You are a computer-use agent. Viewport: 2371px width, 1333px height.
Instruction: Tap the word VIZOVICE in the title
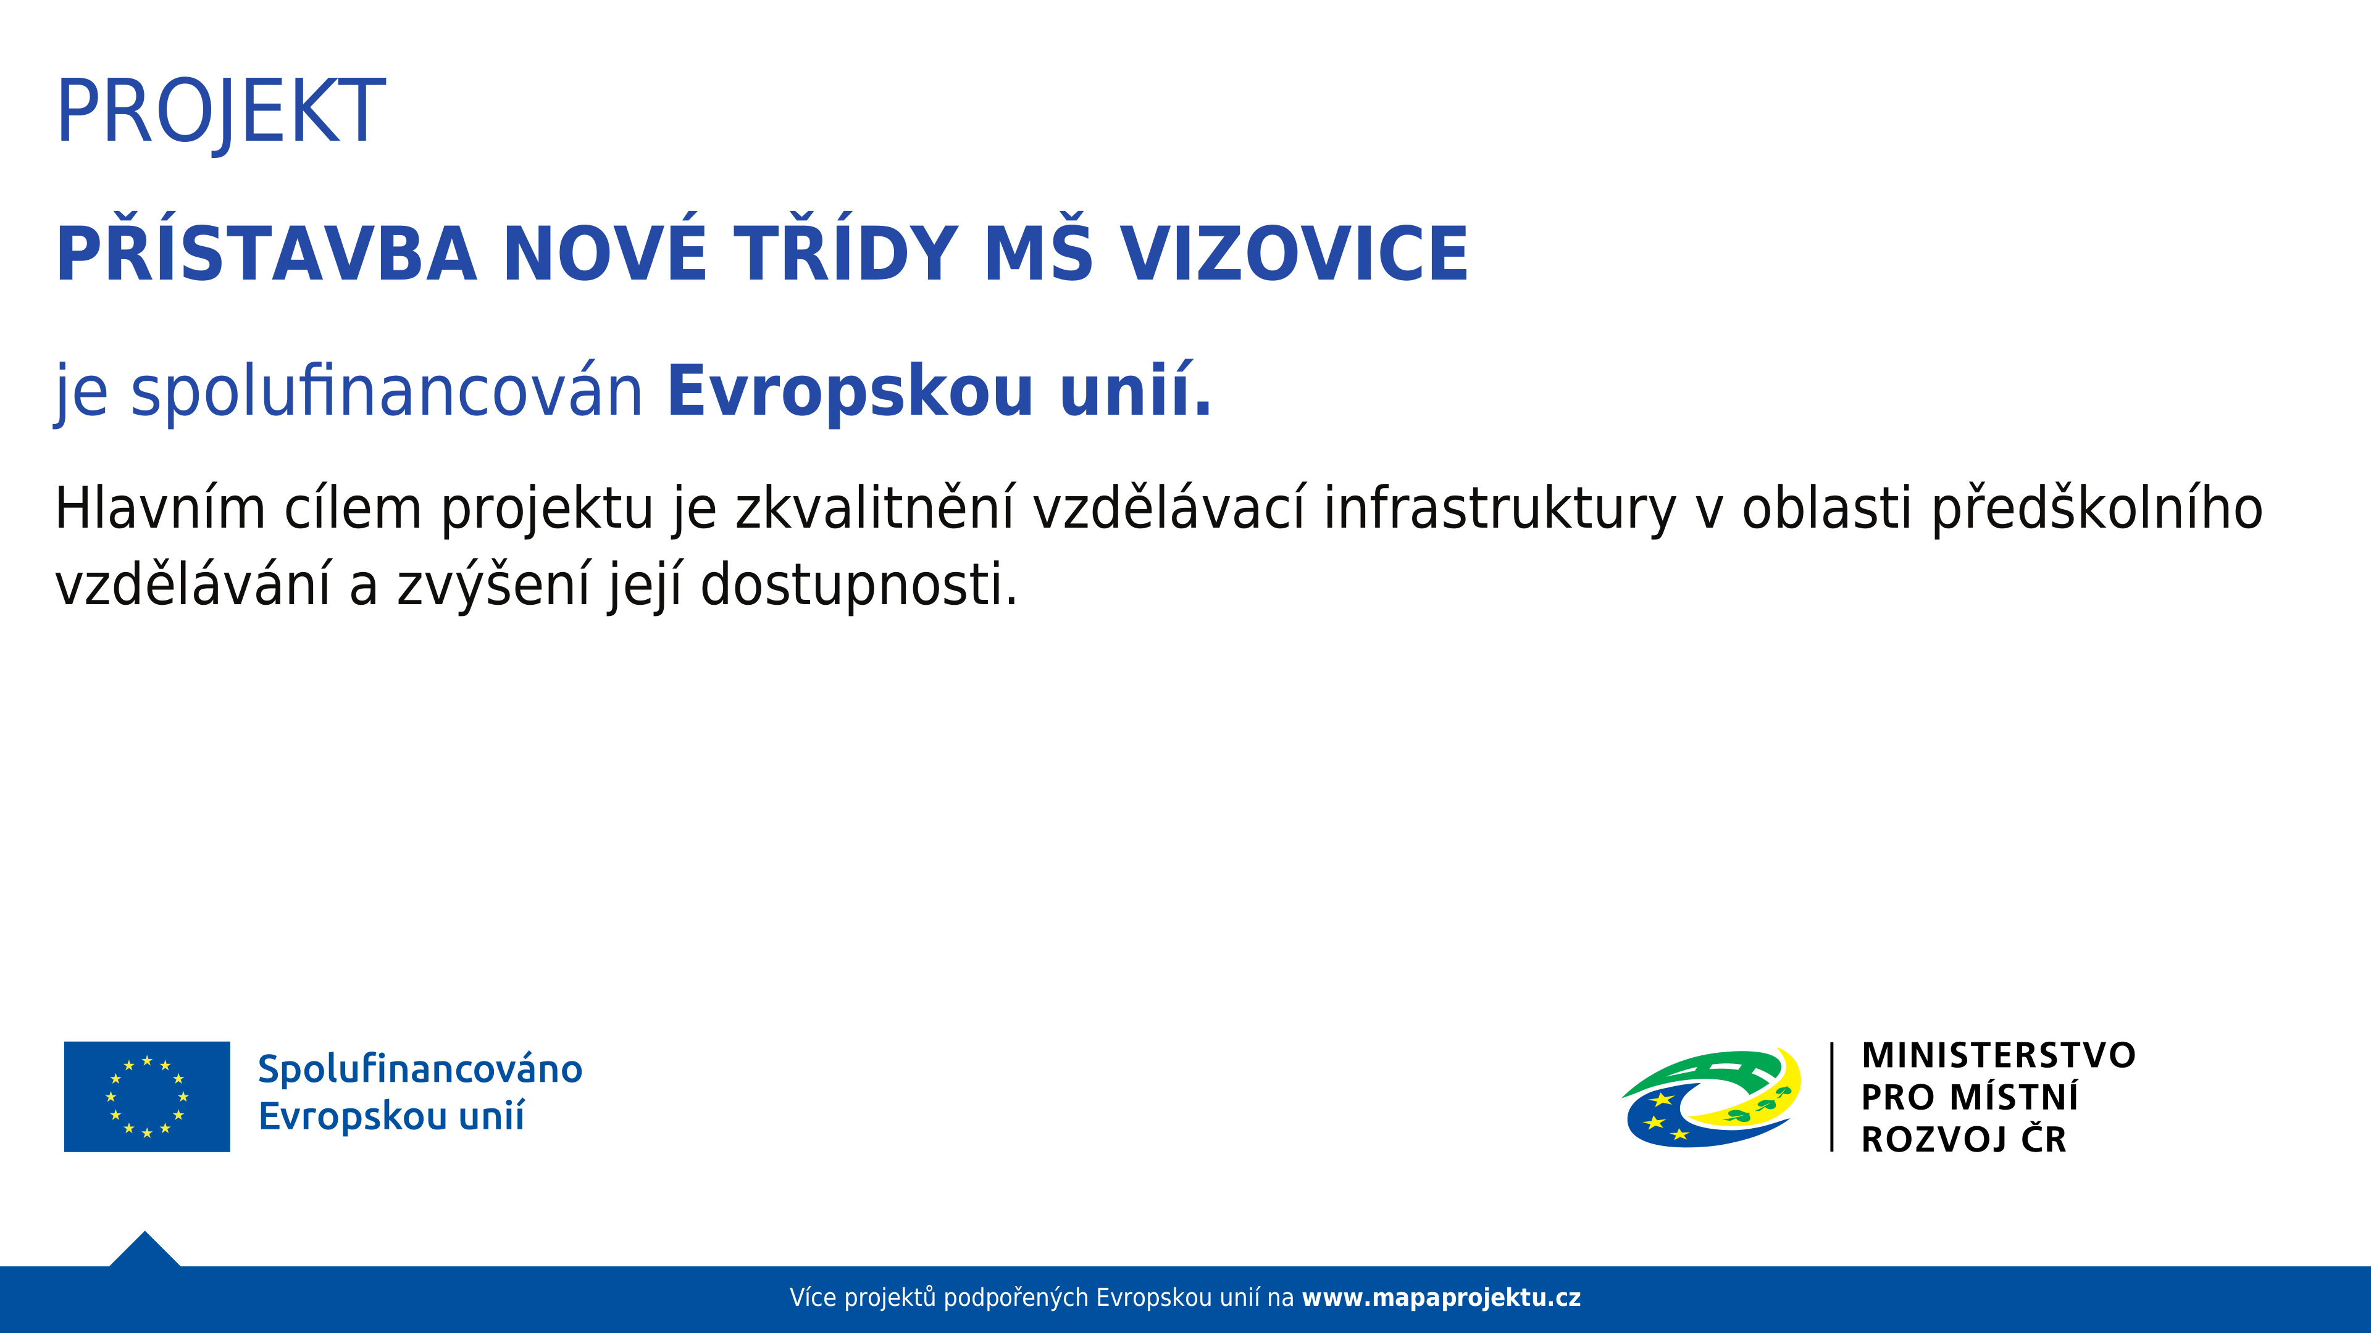[x=1293, y=254]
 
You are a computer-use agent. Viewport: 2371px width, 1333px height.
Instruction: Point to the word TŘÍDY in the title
[x=846, y=254]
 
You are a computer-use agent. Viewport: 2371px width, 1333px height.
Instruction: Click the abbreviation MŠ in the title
[x=1038, y=254]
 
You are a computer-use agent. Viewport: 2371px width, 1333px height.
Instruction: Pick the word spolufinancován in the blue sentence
[x=387, y=392]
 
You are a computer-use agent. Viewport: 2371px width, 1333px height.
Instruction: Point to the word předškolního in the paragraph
[x=2097, y=509]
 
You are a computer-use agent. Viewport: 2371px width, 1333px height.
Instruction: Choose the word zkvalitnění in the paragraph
[x=874, y=509]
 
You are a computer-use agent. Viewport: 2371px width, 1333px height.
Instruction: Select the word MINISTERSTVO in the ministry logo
[x=1998, y=1055]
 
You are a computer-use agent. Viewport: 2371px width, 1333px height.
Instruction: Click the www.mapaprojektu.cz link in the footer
[x=1441, y=1298]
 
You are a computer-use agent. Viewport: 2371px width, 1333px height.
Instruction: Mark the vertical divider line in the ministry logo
[x=1831, y=1097]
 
